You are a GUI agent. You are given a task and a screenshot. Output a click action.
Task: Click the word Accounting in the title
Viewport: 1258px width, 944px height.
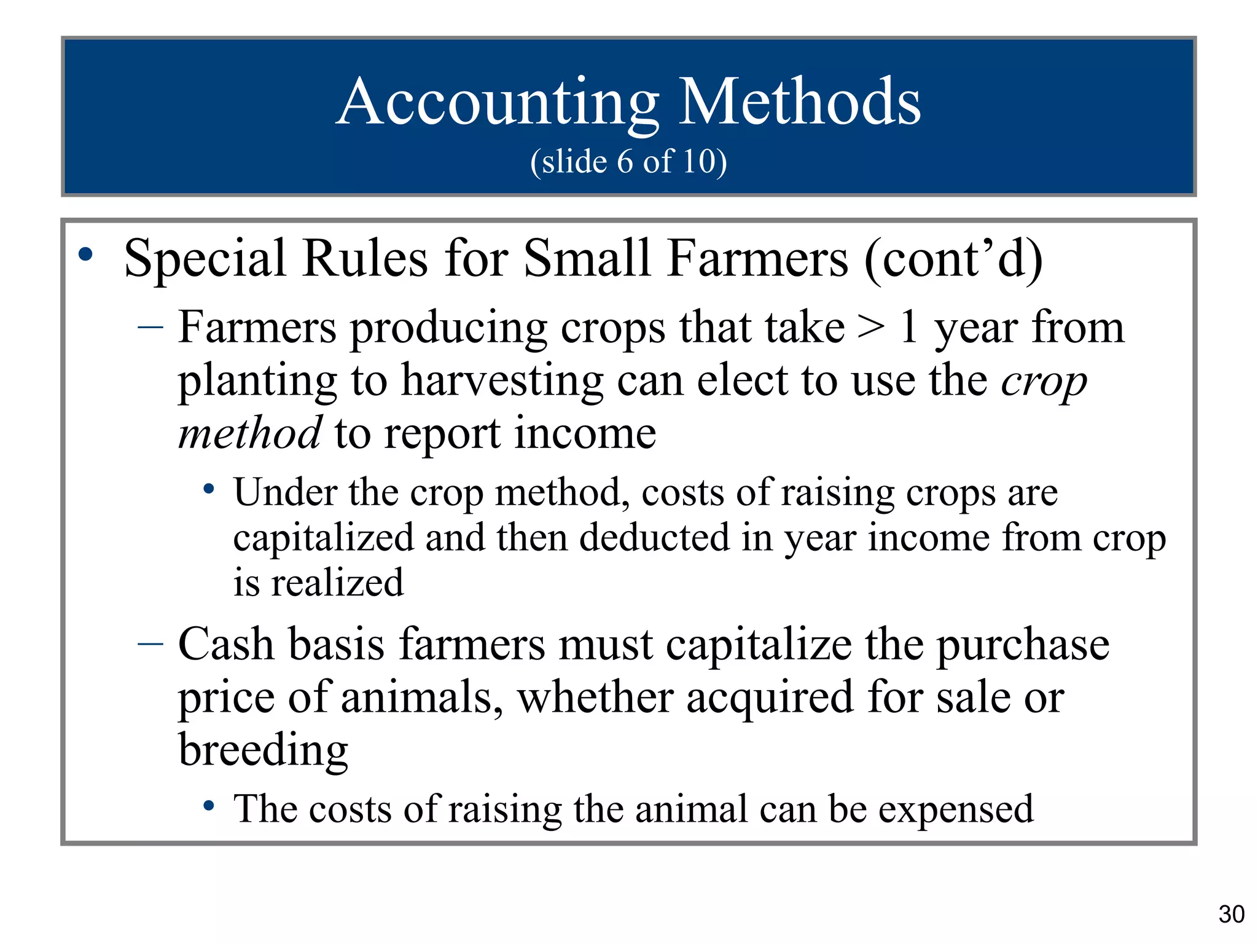click(x=498, y=103)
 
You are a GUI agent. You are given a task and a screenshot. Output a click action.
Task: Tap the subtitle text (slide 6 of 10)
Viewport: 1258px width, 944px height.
click(x=628, y=162)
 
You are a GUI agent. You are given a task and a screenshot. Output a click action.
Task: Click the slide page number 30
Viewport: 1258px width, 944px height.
click(x=1231, y=914)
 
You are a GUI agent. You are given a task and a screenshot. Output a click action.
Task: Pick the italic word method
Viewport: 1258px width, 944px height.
click(x=249, y=433)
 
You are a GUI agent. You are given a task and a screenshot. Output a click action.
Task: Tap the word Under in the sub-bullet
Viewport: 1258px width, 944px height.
click(x=286, y=493)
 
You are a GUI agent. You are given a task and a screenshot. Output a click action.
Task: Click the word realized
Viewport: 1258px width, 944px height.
click(x=337, y=583)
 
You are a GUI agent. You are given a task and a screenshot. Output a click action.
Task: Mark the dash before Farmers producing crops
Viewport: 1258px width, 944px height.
click(x=150, y=328)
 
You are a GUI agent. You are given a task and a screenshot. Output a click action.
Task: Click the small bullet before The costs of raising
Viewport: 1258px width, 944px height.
click(x=209, y=805)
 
